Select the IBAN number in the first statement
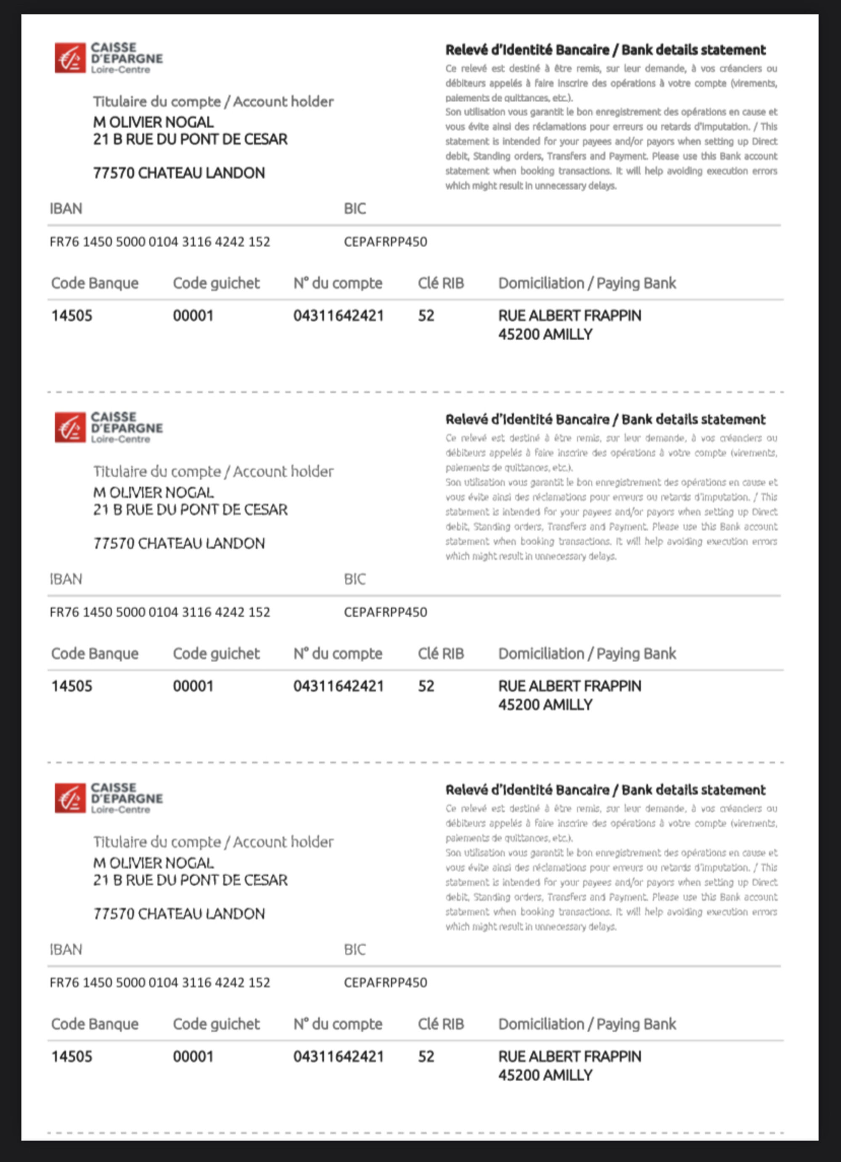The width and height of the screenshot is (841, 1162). point(159,242)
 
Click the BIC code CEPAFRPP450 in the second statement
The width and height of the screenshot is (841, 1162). point(385,612)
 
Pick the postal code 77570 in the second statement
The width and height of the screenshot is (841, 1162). point(114,544)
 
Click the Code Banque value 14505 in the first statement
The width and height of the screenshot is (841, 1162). point(72,315)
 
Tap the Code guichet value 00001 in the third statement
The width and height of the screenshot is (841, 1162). point(193,1057)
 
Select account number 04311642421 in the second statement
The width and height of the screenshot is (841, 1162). point(339,686)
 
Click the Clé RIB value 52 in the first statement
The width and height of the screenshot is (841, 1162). point(426,315)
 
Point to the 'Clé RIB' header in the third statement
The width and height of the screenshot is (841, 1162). point(441,1024)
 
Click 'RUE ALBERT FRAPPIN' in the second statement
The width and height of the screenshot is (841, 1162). point(569,686)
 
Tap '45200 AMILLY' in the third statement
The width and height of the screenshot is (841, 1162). point(545,1075)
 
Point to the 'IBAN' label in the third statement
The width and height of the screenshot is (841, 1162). point(66,949)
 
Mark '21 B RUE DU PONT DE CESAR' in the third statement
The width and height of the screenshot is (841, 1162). point(190,880)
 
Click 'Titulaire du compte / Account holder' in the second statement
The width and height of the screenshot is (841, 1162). point(213,471)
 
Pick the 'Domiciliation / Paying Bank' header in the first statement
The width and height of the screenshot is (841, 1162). point(587,283)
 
